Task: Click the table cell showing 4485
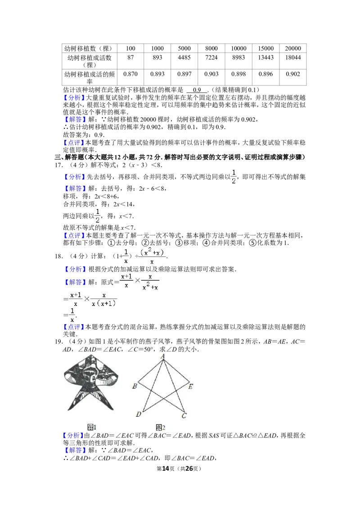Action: (x=184, y=58)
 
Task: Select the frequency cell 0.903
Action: (x=211, y=74)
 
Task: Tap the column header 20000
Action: (x=293, y=49)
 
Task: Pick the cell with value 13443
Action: (x=266, y=58)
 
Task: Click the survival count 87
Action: (x=130, y=58)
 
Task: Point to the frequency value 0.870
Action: (x=130, y=74)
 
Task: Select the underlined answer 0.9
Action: (x=197, y=90)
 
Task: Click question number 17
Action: (x=59, y=165)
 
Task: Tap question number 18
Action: (x=59, y=256)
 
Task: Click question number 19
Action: (x=59, y=341)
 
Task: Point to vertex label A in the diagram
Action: (x=163, y=357)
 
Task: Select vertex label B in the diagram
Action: (x=135, y=386)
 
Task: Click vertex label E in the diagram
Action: (x=190, y=386)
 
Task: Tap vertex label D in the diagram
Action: (x=139, y=414)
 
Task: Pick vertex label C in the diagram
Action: (x=184, y=415)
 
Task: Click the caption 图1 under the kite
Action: (x=92, y=427)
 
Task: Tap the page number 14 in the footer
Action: (x=166, y=469)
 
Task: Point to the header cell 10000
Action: (x=238, y=49)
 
